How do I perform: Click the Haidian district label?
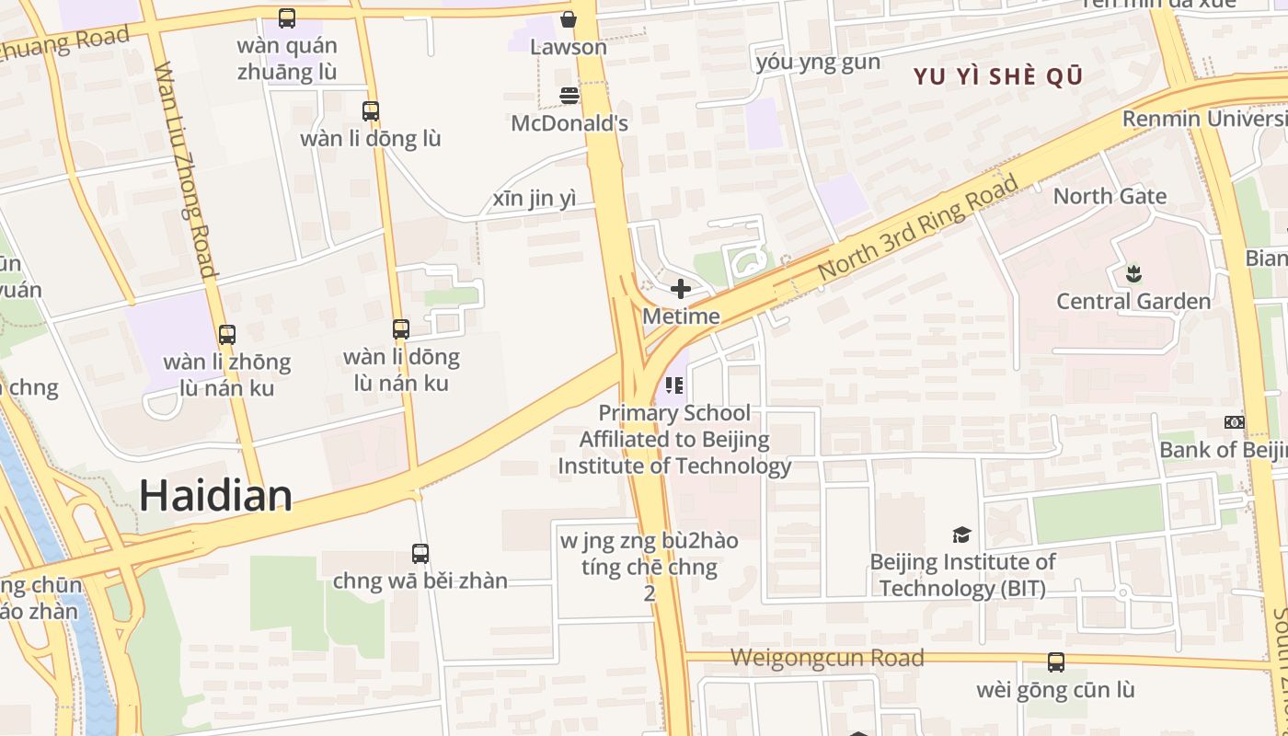point(215,496)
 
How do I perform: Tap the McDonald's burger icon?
point(569,96)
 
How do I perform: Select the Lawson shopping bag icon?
point(569,19)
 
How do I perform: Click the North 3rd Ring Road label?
point(918,228)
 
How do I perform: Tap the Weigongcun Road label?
point(827,658)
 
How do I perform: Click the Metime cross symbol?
point(681,289)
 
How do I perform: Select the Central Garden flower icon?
point(1133,273)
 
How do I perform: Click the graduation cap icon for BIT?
point(961,535)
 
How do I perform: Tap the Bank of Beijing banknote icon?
point(1235,422)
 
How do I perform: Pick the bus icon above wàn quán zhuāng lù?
point(287,17)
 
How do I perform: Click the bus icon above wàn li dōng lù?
point(371,111)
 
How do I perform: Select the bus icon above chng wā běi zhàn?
point(420,554)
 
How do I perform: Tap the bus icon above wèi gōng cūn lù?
point(1056,661)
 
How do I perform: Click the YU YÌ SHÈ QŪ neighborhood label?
point(998,76)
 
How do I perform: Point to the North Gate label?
point(1110,196)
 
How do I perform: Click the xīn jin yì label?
point(535,199)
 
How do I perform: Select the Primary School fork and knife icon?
point(674,384)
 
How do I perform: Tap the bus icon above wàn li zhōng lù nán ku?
point(227,335)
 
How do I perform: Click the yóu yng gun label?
point(818,63)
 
